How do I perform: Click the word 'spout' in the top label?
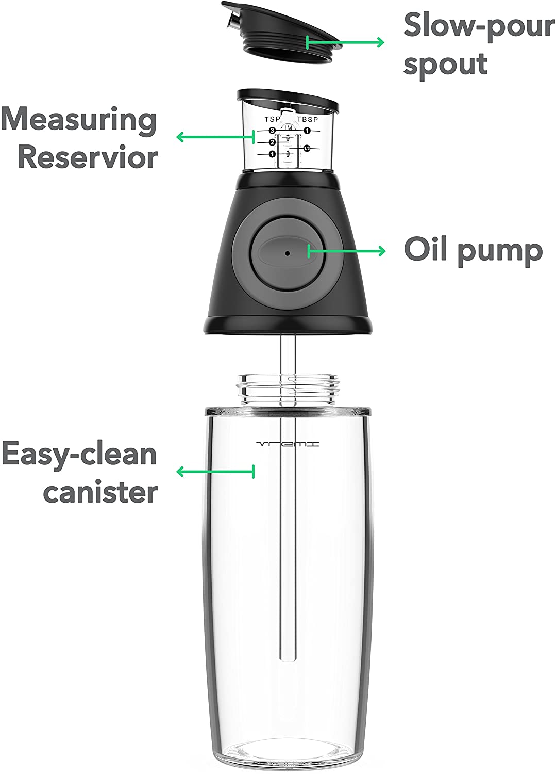(446, 65)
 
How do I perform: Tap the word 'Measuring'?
(79, 120)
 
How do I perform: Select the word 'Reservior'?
(88, 157)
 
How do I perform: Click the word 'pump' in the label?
(500, 252)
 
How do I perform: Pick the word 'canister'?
(100, 492)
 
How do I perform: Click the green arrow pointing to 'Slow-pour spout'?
(345, 42)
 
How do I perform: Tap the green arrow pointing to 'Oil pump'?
(346, 251)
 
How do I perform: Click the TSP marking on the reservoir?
(272, 119)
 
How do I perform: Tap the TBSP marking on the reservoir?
(308, 120)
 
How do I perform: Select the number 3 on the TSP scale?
(272, 131)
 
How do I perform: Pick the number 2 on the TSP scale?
(272, 142)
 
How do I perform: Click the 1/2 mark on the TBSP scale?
(307, 148)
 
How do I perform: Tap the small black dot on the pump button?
(287, 253)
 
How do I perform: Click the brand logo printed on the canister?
(288, 444)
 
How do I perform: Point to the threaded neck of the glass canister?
(288, 389)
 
